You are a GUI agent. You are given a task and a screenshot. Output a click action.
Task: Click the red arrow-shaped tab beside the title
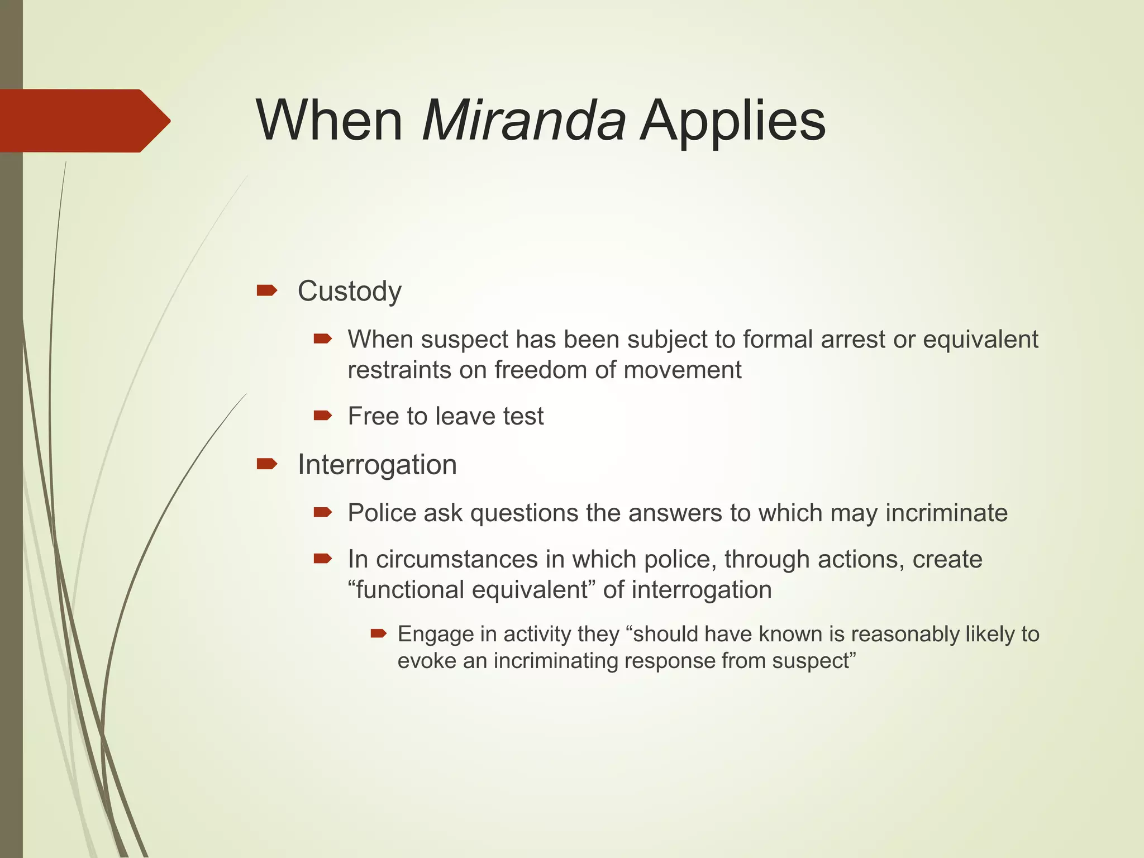coord(84,121)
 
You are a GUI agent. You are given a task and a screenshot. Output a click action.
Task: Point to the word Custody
coord(349,291)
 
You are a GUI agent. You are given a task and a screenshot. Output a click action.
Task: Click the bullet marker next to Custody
coord(266,290)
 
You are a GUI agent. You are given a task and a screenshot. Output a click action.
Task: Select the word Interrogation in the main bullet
coord(377,465)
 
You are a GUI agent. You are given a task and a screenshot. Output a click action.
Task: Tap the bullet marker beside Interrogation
coord(266,464)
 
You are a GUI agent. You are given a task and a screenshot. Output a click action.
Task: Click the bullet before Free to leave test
coord(323,415)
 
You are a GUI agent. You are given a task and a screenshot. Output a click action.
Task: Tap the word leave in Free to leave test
coord(466,416)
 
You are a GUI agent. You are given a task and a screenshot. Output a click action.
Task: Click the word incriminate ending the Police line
coord(946,513)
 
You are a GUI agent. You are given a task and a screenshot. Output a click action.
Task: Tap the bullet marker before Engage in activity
coord(378,633)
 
